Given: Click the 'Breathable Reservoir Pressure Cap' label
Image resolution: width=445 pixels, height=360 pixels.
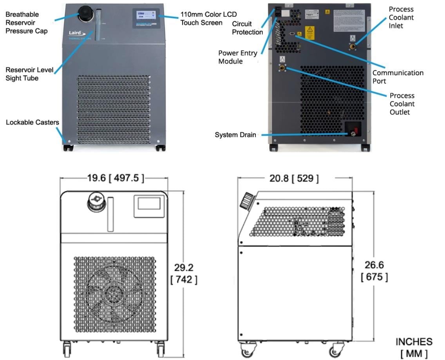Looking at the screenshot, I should (x=26, y=23).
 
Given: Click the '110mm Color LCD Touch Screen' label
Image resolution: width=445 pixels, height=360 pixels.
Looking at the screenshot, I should (x=208, y=18).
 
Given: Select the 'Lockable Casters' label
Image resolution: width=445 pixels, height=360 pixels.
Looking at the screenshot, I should (x=33, y=122).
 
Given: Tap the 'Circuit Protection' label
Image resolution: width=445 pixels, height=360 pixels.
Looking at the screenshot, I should (x=247, y=28).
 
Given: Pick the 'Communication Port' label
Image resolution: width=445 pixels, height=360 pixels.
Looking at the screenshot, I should (x=398, y=77).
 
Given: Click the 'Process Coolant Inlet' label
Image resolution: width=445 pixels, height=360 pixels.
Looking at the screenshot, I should (x=401, y=18).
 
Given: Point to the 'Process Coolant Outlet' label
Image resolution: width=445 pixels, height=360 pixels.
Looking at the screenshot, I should (x=402, y=104).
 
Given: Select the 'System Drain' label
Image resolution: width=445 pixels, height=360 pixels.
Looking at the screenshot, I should (x=235, y=135).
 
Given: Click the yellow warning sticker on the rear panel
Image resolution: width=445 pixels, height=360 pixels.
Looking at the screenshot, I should (x=310, y=32).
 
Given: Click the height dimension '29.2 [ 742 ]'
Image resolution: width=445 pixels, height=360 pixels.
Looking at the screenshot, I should (x=184, y=274).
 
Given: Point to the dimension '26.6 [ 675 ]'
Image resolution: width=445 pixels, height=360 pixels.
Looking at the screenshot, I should (x=374, y=271).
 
